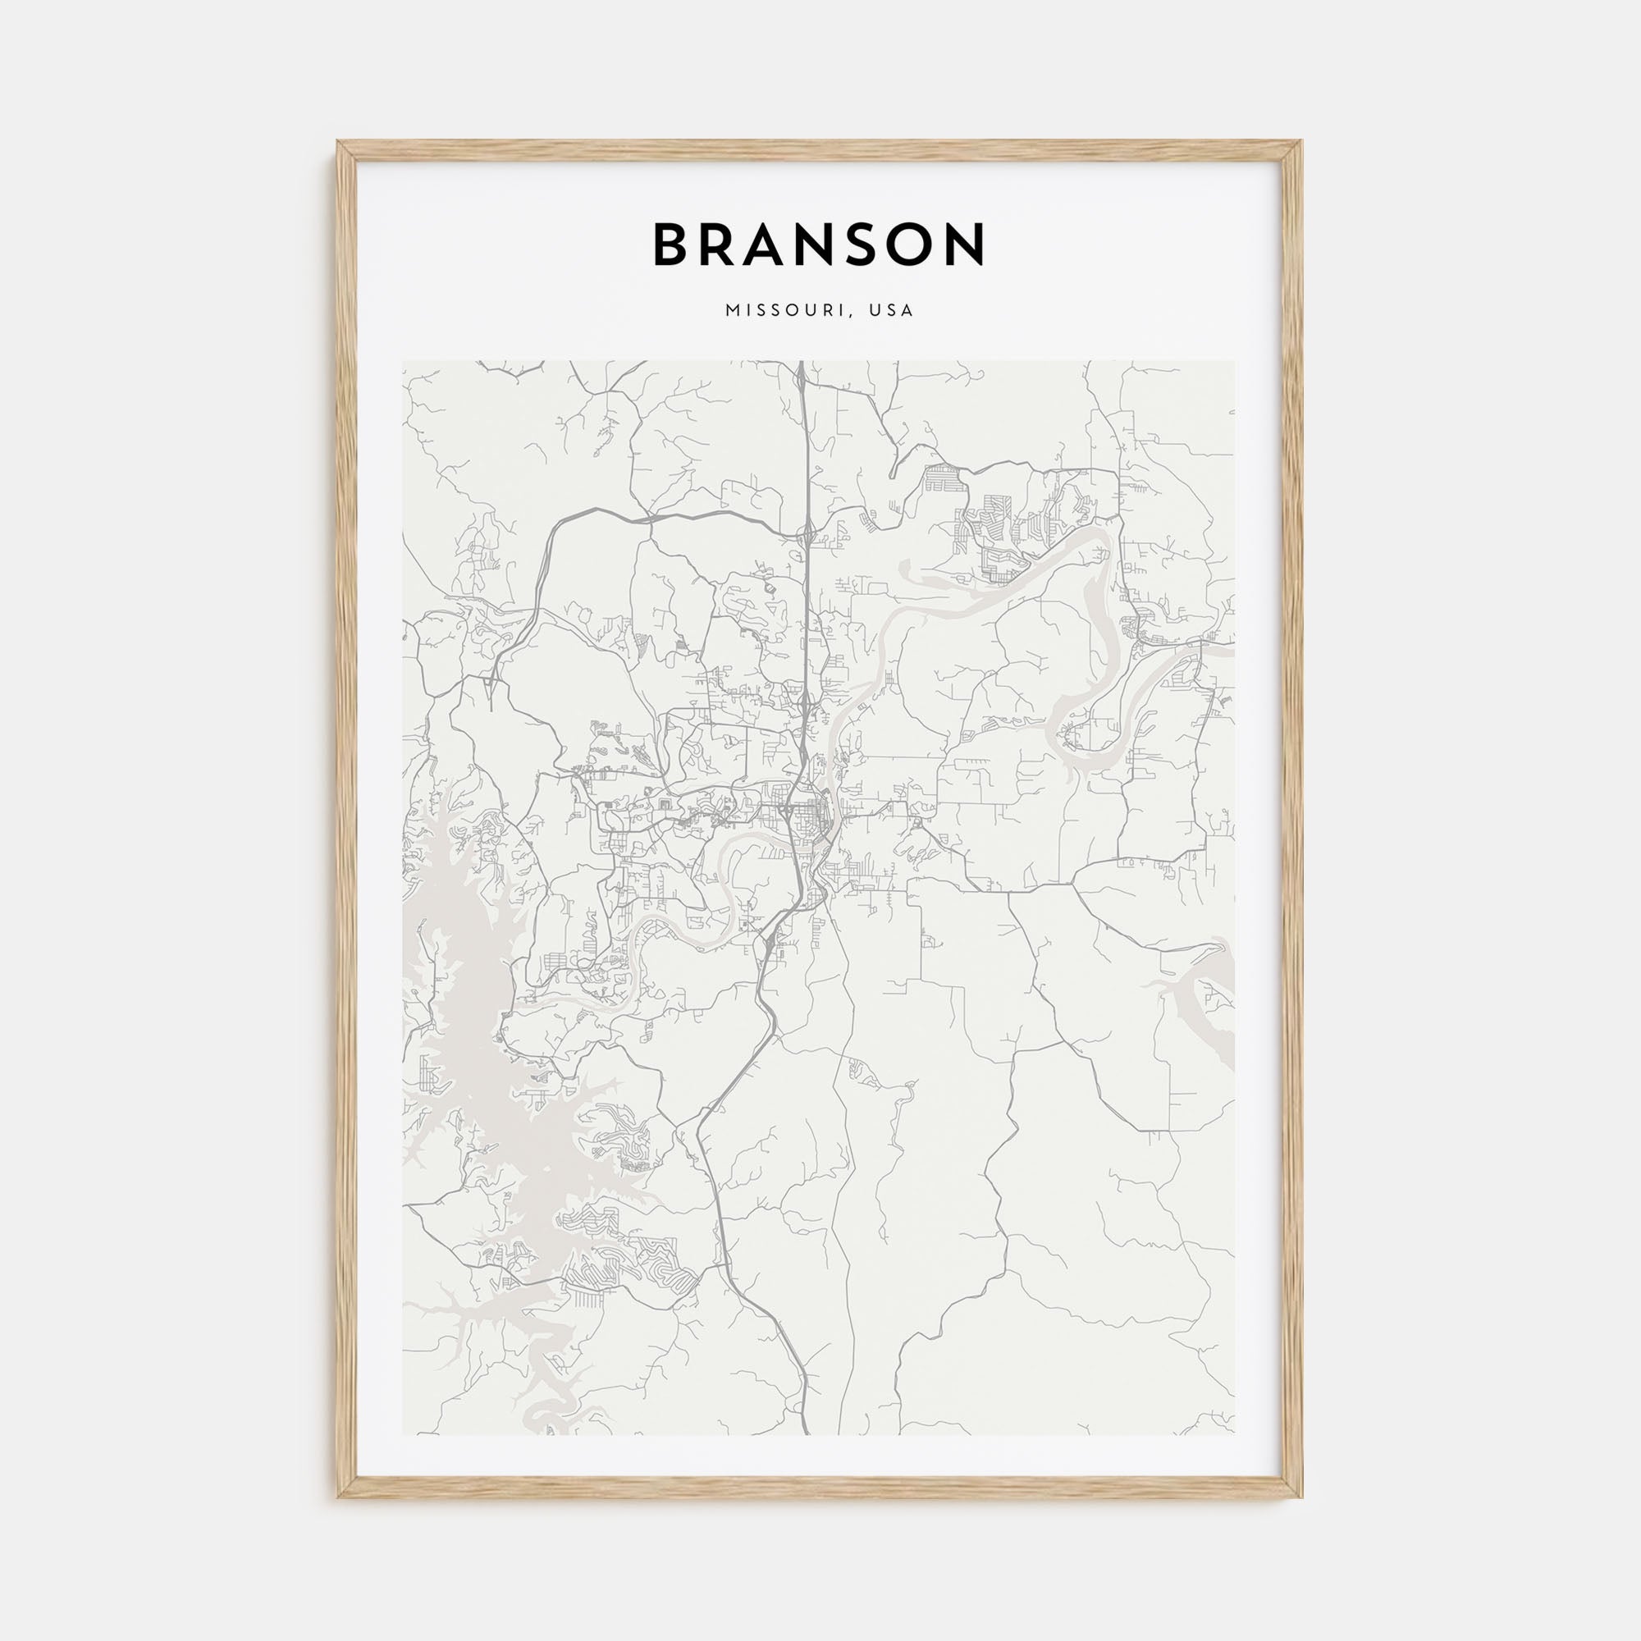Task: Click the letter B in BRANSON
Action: tap(674, 245)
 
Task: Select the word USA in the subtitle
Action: tap(893, 311)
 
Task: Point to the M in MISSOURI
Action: tap(731, 311)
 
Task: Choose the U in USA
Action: tap(875, 311)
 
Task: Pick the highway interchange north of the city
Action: tap(804, 534)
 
